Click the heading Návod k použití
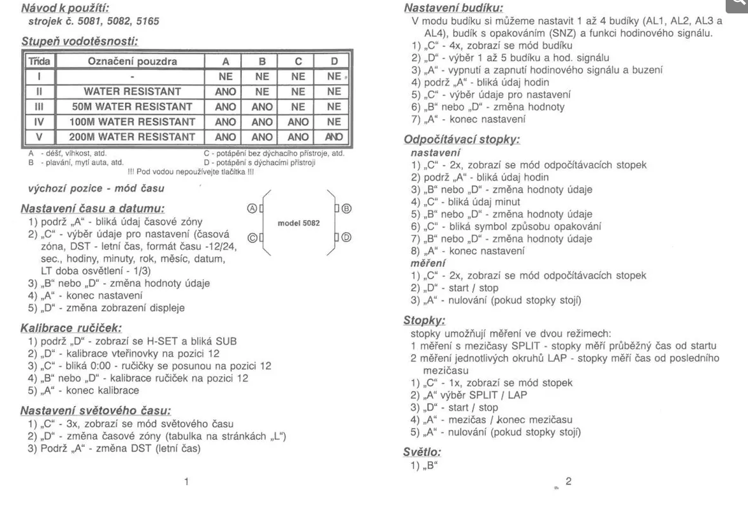click(64, 8)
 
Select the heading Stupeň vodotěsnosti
click(80, 42)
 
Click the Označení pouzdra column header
click(131, 62)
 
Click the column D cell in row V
click(334, 136)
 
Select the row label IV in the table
click(39, 122)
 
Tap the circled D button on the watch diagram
click(347, 237)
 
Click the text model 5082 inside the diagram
click(298, 223)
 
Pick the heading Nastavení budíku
click(453, 8)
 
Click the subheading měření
click(428, 263)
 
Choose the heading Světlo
click(422, 451)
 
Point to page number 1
click(186, 482)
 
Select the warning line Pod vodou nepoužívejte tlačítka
click(191, 171)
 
